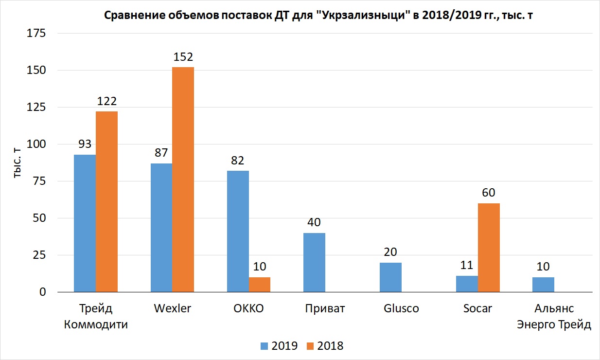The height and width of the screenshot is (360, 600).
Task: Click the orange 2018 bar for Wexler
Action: click(x=183, y=180)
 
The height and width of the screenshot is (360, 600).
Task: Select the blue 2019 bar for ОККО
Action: click(x=238, y=232)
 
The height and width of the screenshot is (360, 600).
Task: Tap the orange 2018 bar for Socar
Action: click(x=489, y=248)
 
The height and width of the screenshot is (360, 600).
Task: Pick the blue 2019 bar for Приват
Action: click(x=314, y=262)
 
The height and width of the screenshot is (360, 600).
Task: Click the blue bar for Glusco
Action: click(x=390, y=277)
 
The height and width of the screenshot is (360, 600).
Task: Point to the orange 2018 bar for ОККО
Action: click(x=260, y=285)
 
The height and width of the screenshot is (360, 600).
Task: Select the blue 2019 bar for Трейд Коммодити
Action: click(x=85, y=223)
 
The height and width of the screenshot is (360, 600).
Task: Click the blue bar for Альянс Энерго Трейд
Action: click(x=543, y=285)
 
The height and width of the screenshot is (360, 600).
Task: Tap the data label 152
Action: click(x=183, y=57)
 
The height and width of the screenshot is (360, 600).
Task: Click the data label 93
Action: click(x=85, y=144)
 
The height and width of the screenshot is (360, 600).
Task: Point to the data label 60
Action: click(x=489, y=193)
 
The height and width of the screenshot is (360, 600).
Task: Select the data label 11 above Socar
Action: click(x=467, y=265)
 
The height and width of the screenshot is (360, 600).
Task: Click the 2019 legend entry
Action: click(x=279, y=346)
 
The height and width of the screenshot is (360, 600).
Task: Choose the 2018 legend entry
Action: click(x=325, y=346)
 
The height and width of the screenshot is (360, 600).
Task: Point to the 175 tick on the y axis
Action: click(x=36, y=34)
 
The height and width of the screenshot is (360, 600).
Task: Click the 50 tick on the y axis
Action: click(x=39, y=218)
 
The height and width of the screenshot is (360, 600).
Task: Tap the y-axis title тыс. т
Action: click(x=17, y=162)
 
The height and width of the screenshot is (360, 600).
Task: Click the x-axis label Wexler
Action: click(x=173, y=308)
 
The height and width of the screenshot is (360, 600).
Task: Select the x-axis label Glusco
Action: click(x=401, y=308)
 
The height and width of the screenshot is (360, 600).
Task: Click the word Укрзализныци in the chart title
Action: click(x=362, y=15)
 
